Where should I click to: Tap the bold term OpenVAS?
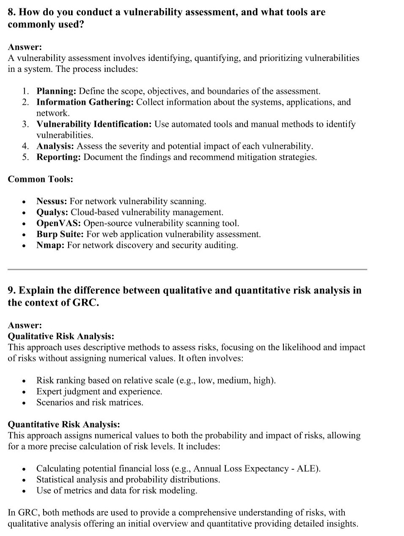pos(58,223)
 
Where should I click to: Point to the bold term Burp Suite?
pos(60,234)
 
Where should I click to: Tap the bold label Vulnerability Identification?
pos(94,124)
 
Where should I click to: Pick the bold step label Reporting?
pos(58,157)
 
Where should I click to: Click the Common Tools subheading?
pos(40,179)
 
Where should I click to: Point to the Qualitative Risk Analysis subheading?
pos(61,336)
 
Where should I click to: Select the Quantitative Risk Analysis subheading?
pos(64,424)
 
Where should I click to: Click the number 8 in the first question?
pos(11,12)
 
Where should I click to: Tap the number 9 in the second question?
pos(11,290)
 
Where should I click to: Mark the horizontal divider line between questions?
pos(187,269)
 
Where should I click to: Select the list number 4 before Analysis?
pos(26,146)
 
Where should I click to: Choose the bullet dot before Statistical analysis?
pos(25,480)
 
